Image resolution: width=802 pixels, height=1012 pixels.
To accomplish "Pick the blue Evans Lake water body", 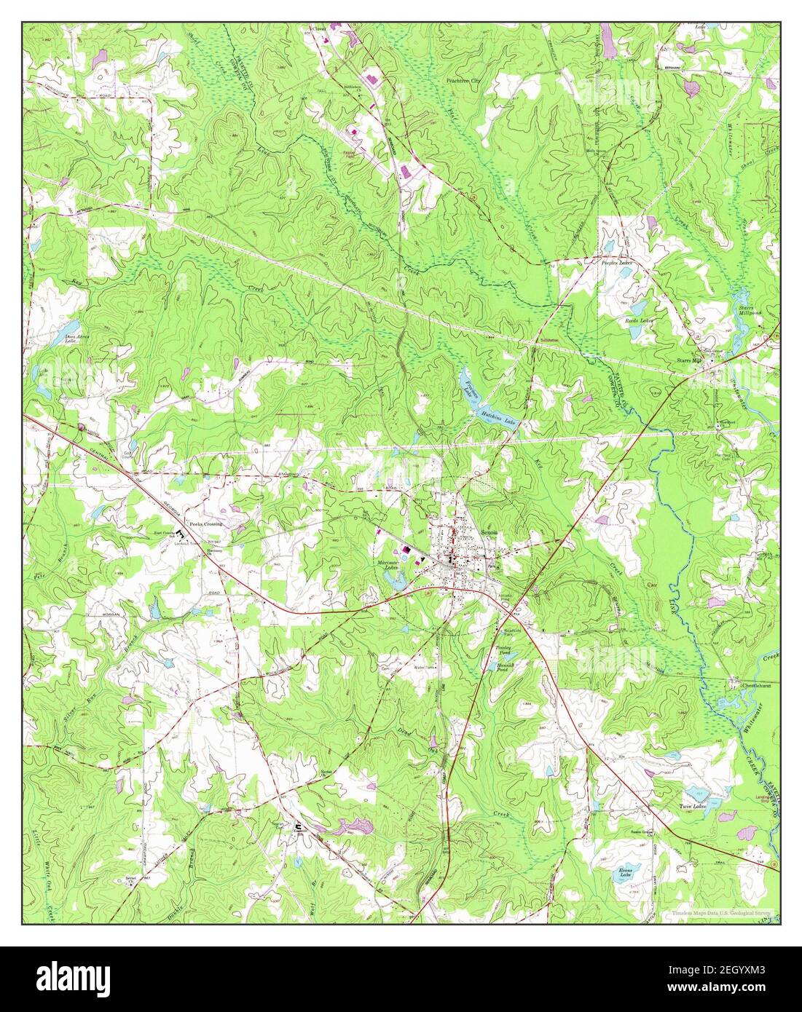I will point(622,877).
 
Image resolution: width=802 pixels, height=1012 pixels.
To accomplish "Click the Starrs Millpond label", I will point(748,311).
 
